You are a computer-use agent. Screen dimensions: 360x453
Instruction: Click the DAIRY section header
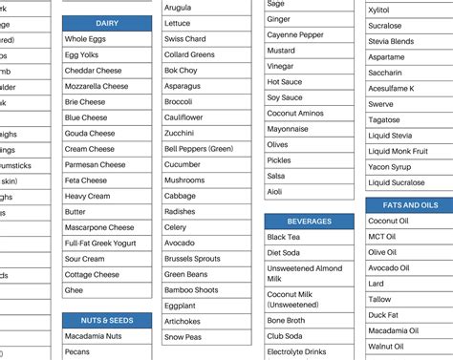click(107, 23)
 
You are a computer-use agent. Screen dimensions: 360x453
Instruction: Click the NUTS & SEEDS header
click(107, 320)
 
